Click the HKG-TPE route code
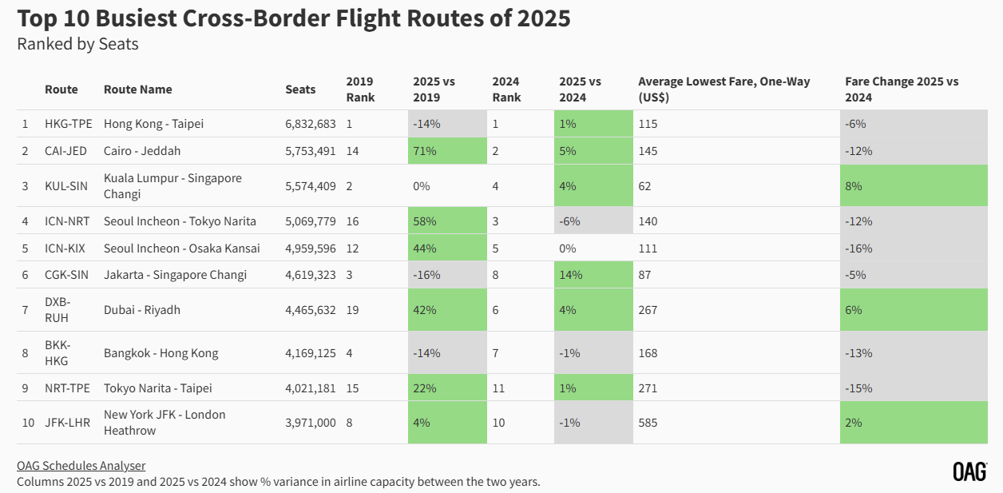[x=69, y=124]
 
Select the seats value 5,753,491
[x=311, y=151]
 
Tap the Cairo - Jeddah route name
[x=142, y=151]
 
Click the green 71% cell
[x=446, y=151]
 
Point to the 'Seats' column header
[x=300, y=89]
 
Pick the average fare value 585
[x=648, y=423]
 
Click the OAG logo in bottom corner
[x=969, y=471]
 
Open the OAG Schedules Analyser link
[x=81, y=466]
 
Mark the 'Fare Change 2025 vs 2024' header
[x=902, y=89]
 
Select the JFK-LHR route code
[x=68, y=423]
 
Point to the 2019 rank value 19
[x=352, y=310]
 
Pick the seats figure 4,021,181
[x=311, y=388]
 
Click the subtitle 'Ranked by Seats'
[x=77, y=44]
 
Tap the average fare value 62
[x=644, y=186]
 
